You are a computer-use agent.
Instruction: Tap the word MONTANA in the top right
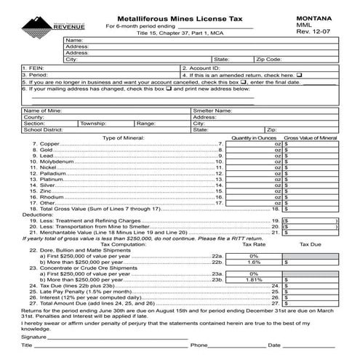click(x=314, y=16)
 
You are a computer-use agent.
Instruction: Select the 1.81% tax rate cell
click(x=254, y=279)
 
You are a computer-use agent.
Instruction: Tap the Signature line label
click(x=34, y=337)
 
